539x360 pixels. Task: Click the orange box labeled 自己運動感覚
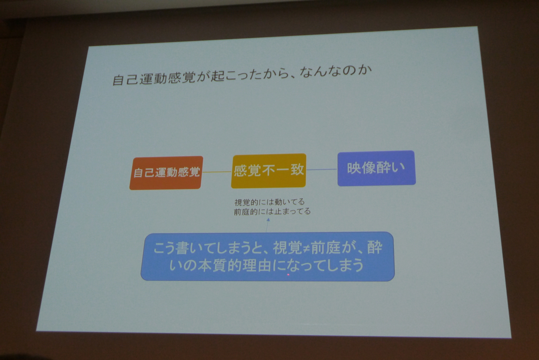(166, 173)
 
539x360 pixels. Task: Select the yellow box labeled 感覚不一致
(269, 171)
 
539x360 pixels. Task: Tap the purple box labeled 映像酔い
(376, 168)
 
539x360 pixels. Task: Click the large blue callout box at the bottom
(267, 256)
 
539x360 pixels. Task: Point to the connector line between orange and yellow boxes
(217, 172)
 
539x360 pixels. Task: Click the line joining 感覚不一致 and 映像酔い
(322, 169)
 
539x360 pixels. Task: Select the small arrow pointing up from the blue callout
(267, 225)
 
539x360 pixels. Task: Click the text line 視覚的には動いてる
(269, 202)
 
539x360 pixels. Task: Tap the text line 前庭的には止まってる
(272, 212)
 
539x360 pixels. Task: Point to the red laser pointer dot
(288, 275)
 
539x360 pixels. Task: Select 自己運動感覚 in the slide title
(154, 78)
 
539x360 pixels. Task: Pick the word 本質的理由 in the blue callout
(235, 265)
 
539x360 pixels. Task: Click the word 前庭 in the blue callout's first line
(325, 248)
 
